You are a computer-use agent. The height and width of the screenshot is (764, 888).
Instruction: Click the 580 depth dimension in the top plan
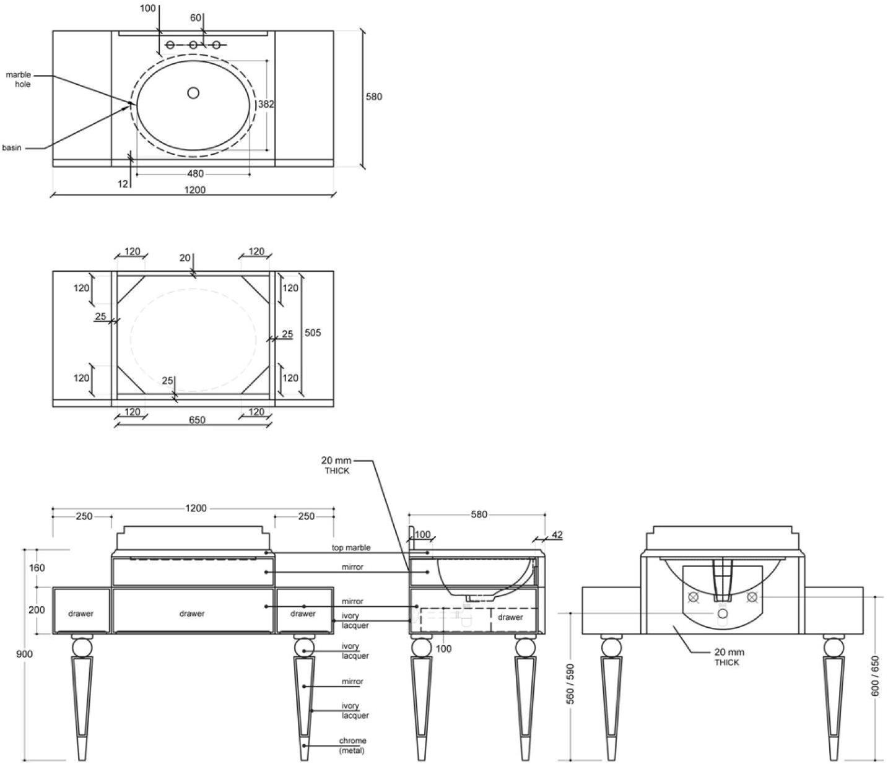[373, 97]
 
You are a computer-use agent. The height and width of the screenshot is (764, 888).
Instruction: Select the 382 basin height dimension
[266, 105]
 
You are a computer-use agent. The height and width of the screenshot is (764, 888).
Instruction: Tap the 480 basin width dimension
[195, 174]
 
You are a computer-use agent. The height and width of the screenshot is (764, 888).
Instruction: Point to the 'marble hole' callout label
[19, 79]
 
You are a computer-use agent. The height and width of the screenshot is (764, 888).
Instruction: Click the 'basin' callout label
[11, 147]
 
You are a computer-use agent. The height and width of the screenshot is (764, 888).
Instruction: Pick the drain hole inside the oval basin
[193, 93]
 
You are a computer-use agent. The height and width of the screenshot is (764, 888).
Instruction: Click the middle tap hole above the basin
[193, 45]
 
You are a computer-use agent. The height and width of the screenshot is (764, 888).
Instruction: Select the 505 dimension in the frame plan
[313, 332]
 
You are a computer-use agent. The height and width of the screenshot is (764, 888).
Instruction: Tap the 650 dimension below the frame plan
[197, 420]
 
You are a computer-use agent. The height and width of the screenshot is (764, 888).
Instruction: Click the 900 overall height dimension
[25, 654]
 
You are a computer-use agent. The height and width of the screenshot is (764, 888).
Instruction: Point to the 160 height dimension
[37, 568]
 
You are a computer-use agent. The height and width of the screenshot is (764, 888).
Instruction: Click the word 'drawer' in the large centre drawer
[192, 614]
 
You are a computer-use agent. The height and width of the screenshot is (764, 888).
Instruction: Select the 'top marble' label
[351, 548]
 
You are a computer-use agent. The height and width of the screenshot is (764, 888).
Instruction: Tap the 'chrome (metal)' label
[352, 745]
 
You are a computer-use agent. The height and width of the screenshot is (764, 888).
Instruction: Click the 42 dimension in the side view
[557, 535]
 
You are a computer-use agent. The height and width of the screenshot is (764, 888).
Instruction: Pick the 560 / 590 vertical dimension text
[570, 684]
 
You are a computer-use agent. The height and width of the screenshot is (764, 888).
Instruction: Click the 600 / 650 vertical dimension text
[874, 675]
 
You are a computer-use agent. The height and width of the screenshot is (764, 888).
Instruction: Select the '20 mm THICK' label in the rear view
[729, 657]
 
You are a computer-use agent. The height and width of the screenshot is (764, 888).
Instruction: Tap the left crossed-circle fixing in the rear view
[694, 597]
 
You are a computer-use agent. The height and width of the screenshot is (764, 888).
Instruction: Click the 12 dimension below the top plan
[123, 184]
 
